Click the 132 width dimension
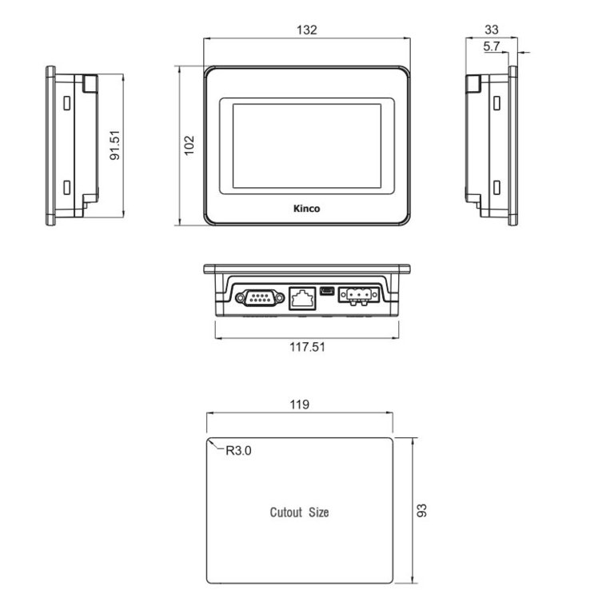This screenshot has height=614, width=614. point(307,30)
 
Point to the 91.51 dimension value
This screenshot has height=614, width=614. point(115,145)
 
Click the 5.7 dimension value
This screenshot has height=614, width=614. point(491,47)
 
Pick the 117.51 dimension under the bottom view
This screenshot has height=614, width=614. point(307,347)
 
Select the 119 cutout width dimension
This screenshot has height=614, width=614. point(300,405)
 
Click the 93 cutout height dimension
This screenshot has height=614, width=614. point(422,510)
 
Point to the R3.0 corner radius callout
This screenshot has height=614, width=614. point(237,451)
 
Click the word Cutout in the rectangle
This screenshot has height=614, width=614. point(285,512)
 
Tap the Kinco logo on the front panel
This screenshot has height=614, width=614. point(307,209)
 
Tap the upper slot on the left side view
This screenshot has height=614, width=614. point(66,103)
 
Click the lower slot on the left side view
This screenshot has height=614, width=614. point(66,189)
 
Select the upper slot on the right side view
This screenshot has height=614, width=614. point(496,103)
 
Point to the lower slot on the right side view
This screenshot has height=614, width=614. point(496,189)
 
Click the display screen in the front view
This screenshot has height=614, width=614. point(307,146)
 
